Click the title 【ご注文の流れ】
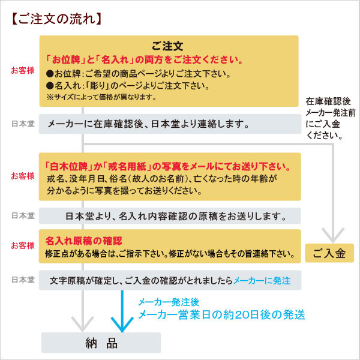(x=56, y=19)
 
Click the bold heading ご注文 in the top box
(x=167, y=46)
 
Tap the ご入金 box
(x=329, y=253)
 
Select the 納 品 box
(x=101, y=343)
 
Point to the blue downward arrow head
(x=122, y=324)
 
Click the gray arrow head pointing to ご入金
(x=333, y=235)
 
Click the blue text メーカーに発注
(x=262, y=281)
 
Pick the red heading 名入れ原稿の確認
(x=83, y=241)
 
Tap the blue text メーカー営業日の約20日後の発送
(x=221, y=314)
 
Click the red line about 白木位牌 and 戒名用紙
(x=167, y=166)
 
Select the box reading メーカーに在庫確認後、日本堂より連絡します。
(x=170, y=124)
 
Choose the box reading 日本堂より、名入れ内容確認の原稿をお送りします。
(x=170, y=216)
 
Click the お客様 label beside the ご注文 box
(x=23, y=70)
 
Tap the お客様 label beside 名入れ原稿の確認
(x=23, y=245)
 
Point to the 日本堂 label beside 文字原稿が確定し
(x=23, y=280)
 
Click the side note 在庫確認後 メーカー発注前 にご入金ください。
(x=330, y=118)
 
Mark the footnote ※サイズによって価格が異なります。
(x=101, y=97)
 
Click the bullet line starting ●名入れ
(x=128, y=86)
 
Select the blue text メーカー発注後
(x=169, y=302)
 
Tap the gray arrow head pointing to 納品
(x=83, y=324)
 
